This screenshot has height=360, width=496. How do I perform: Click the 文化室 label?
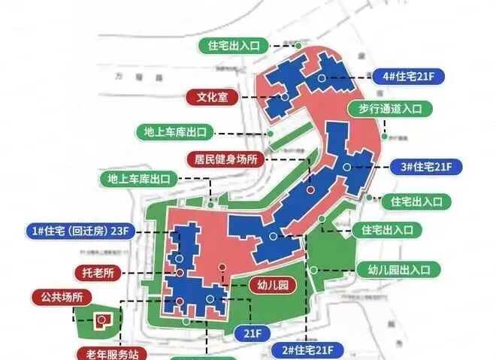pos(212,97)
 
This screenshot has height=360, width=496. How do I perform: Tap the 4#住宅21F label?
pos(412,77)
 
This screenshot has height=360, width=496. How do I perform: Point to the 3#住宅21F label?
pos(425,166)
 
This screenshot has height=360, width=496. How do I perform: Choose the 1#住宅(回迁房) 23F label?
pos(82,230)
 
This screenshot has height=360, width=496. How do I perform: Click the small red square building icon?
pos(101,319)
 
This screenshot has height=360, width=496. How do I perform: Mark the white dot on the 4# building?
pos(321,77)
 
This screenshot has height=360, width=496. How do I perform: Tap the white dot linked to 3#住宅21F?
pos(346,166)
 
